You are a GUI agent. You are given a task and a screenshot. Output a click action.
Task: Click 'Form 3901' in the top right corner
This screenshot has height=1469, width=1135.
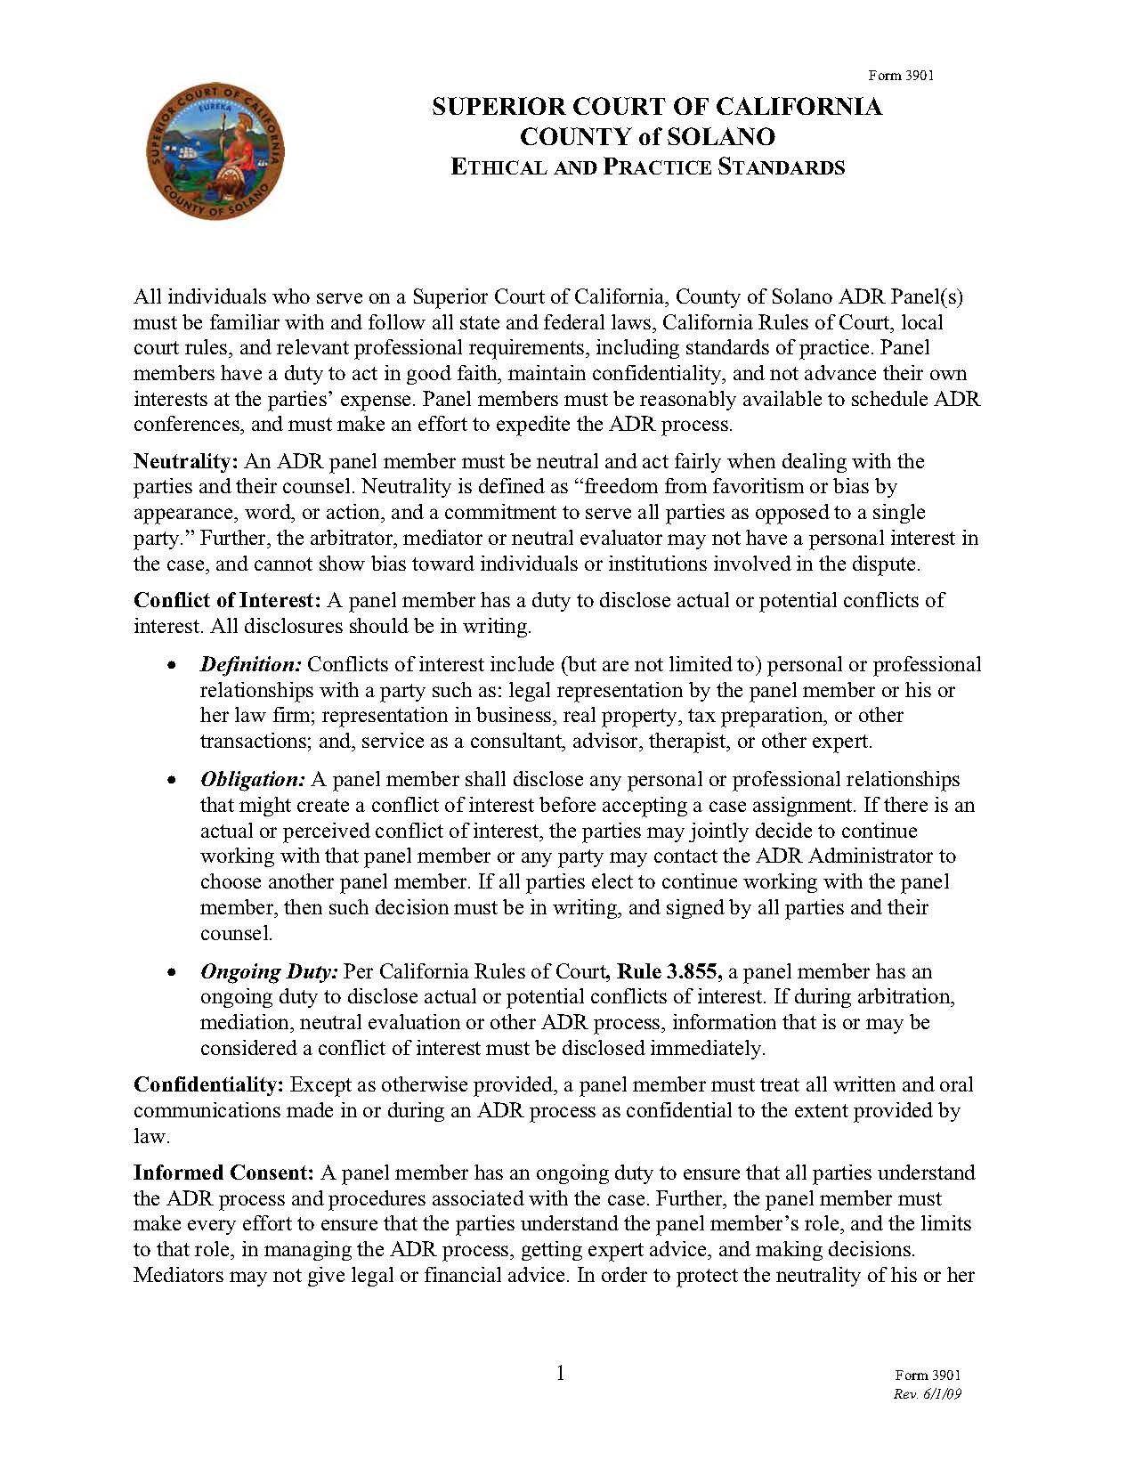[x=901, y=76]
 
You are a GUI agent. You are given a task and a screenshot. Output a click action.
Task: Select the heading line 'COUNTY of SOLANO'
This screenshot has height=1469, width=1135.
[x=647, y=137]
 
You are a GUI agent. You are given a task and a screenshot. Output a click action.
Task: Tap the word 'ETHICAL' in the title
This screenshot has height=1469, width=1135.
[x=492, y=167]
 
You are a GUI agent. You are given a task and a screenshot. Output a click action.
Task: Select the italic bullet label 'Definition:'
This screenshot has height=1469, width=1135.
[x=251, y=664]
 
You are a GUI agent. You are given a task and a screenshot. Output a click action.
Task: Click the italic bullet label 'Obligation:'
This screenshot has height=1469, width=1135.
[x=253, y=779]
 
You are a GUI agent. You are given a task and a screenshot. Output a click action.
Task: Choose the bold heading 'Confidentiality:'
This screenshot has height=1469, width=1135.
[x=208, y=1084]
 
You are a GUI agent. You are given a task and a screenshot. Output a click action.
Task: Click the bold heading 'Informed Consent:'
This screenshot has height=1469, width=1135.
[x=223, y=1173]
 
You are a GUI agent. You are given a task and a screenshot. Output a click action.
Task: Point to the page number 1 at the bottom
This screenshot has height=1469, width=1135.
[x=561, y=1373]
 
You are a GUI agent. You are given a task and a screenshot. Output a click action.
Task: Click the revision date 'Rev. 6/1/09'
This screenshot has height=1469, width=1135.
[x=927, y=1394]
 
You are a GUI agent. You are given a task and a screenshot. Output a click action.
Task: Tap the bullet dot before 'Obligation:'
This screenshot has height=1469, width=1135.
[x=172, y=781]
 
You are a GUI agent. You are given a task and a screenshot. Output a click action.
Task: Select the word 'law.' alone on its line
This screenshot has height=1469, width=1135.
[x=151, y=1136]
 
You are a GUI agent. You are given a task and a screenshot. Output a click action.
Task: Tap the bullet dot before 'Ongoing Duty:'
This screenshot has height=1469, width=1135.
[x=172, y=973]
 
